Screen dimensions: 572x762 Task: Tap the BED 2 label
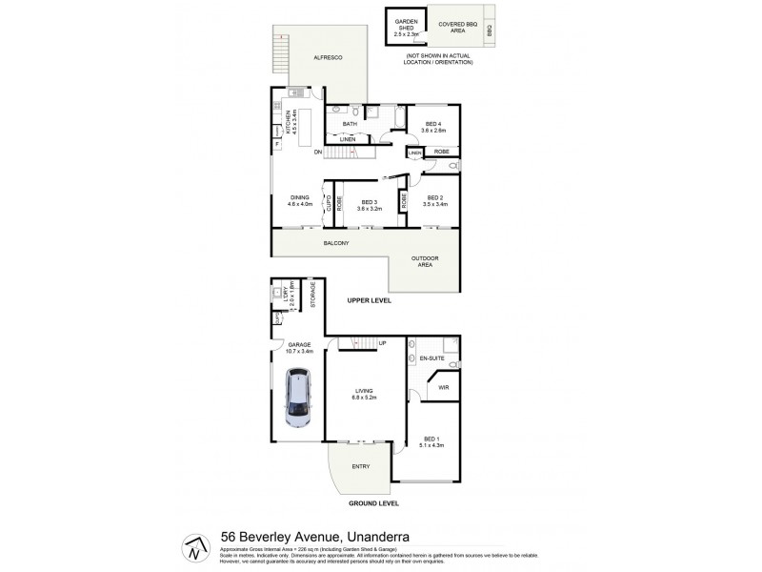click(x=434, y=200)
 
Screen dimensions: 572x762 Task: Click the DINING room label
click(x=300, y=200)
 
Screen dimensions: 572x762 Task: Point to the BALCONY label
click(x=336, y=243)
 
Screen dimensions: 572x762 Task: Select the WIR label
click(x=442, y=387)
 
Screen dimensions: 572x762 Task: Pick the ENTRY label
click(x=360, y=466)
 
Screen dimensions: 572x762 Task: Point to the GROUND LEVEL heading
click(x=374, y=502)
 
